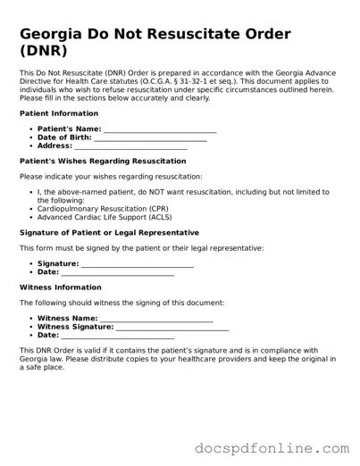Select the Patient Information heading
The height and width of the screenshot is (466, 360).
58,113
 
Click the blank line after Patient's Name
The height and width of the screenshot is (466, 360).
160,129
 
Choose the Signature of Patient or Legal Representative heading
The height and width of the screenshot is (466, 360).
108,232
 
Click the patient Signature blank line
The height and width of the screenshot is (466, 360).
138,264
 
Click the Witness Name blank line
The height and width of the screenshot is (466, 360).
156,319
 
